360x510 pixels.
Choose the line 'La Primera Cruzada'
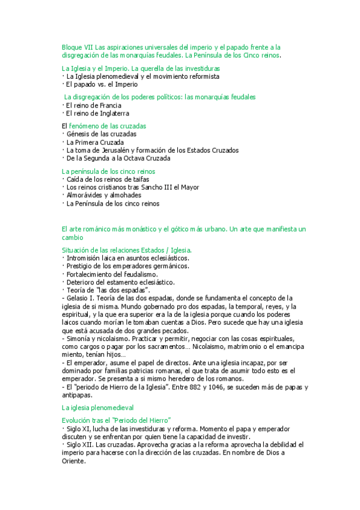95,142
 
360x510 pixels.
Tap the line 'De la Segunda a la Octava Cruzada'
118,158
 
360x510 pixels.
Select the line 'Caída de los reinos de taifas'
108,179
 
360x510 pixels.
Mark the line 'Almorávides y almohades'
103,195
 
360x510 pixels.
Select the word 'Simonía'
79,339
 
